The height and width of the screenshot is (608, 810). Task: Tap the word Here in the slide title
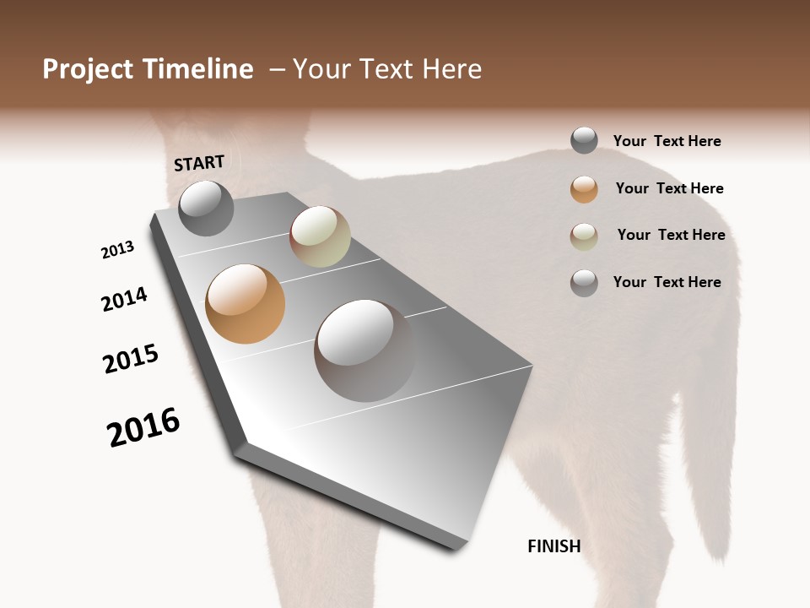[x=451, y=69]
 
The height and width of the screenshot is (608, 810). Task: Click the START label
[x=199, y=163]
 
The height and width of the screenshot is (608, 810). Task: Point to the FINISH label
[x=554, y=546]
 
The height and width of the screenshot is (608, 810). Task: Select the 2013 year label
[x=117, y=250]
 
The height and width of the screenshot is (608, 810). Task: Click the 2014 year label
[x=124, y=299]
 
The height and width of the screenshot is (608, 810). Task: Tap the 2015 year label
[x=131, y=359]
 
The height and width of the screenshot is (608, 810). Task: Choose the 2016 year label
[x=143, y=427]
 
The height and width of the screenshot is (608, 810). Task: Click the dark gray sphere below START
[x=206, y=208]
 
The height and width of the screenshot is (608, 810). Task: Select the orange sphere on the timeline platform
[x=246, y=304]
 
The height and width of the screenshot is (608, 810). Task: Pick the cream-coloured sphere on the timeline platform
[x=320, y=236]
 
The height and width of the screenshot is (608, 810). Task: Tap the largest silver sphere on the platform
[x=364, y=350]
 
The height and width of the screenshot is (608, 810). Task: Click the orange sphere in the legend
[x=584, y=189]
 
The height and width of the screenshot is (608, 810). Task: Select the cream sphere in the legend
[x=584, y=236]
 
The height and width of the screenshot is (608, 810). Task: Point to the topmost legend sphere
[x=584, y=140]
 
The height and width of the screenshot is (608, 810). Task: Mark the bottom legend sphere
[x=584, y=283]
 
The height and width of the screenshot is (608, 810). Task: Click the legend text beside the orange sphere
[x=669, y=188]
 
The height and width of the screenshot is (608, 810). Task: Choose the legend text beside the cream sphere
[x=671, y=235]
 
